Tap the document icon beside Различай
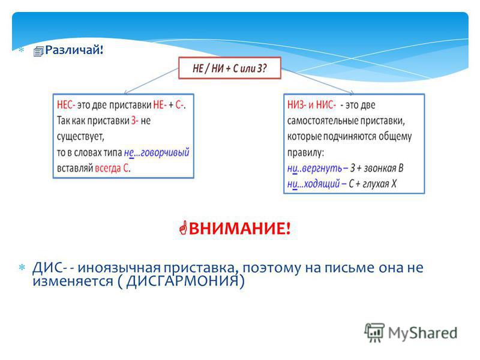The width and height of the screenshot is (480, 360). pos(38,52)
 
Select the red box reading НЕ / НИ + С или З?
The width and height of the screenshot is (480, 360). pos(230,68)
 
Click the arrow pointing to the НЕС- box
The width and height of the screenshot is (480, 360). pos(151,81)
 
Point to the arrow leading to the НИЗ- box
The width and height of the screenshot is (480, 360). pos(317,81)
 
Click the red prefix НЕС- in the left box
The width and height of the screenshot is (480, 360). pos(66,105)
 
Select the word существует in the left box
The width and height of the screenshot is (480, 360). pos(80,137)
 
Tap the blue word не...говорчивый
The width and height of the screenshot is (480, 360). pos(157,152)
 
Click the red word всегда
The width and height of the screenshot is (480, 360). pos(108,169)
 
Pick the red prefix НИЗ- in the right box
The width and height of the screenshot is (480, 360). pos(296,105)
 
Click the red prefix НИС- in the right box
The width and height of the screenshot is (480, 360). pos(326,105)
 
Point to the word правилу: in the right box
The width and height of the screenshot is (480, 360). pos(305,152)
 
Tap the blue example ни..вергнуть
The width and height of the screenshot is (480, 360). pos(314,168)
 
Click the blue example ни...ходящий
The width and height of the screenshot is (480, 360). pos(313,184)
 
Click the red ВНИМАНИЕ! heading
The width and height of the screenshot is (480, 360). pos(239,229)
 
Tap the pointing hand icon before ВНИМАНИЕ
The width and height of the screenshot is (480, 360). pos(183,228)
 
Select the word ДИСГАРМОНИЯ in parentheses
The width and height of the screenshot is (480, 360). pos(182,281)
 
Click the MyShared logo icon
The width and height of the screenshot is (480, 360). pos(374,332)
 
